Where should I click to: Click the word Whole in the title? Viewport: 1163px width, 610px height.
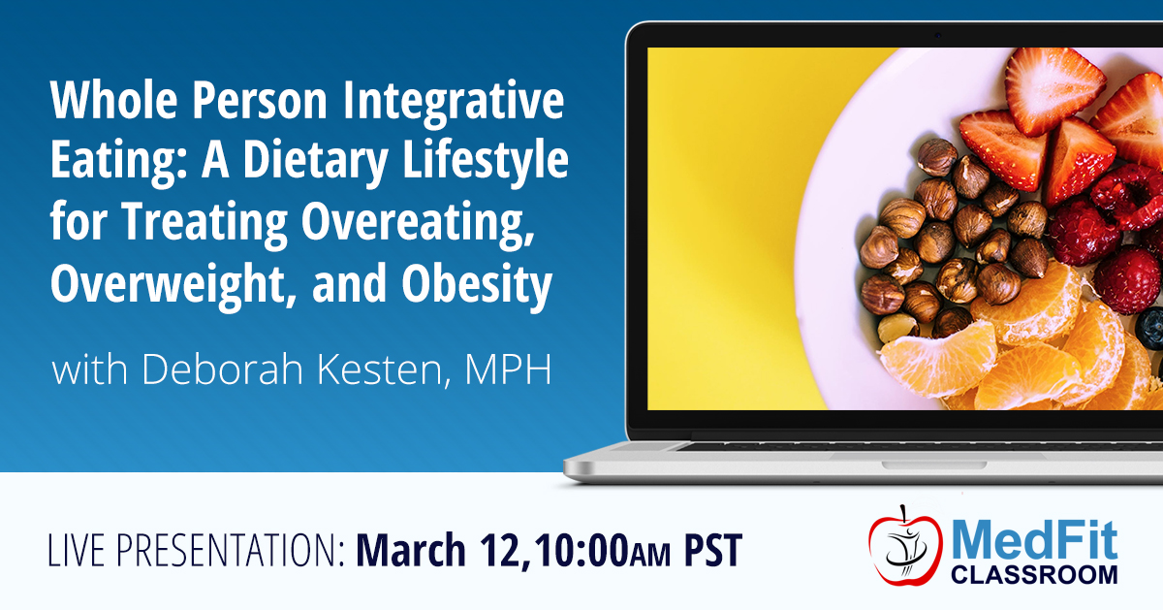pyautogui.click(x=114, y=100)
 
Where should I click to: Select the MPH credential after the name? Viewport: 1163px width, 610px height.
pyautogui.click(x=508, y=369)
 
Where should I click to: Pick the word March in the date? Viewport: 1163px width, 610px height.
pyautogui.click(x=410, y=550)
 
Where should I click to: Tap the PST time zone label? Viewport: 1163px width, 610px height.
pyautogui.click(x=713, y=550)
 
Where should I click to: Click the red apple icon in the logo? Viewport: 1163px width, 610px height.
pyautogui.click(x=905, y=545)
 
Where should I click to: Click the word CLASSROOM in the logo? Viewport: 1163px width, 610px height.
pyautogui.click(x=1034, y=574)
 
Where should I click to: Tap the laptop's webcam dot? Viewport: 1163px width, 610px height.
pyautogui.click(x=938, y=35)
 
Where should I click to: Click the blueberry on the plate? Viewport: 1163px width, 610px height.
pyautogui.click(x=1149, y=329)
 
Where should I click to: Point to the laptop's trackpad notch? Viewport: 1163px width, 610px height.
pyautogui.click(x=933, y=465)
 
